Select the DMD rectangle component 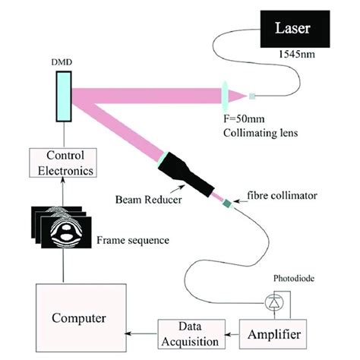[63, 96]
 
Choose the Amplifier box [277, 333]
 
